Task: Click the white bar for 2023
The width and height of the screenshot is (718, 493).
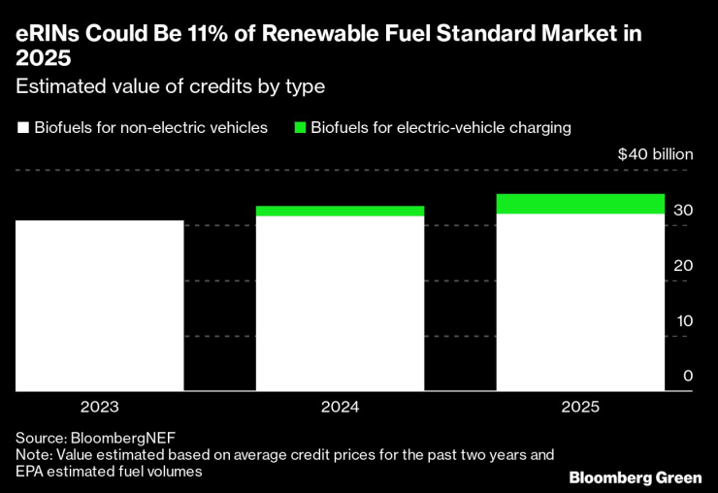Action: coord(100,306)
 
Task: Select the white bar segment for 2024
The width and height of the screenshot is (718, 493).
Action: coord(340,303)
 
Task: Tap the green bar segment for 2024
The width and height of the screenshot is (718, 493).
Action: coord(340,211)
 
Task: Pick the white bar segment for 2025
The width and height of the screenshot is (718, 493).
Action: coord(580,302)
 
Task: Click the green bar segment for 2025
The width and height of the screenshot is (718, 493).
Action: coord(580,204)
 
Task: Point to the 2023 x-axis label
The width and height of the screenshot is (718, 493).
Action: coord(100,408)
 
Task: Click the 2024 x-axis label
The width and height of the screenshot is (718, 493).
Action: coord(340,408)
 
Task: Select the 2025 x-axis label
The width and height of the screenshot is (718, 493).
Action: coord(580,408)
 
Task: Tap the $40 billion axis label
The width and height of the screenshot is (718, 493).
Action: coord(656,154)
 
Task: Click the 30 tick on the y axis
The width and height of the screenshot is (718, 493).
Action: coord(683,210)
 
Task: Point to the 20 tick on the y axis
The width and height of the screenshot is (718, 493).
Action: coord(683,265)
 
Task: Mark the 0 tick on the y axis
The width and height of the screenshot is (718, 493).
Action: coord(687,376)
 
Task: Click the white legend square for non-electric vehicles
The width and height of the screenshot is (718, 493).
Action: coord(22,128)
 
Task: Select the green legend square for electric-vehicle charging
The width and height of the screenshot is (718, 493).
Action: coord(300,128)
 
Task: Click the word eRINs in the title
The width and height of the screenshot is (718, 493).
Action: coord(47,35)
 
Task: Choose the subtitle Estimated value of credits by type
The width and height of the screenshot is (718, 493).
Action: coord(170,86)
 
